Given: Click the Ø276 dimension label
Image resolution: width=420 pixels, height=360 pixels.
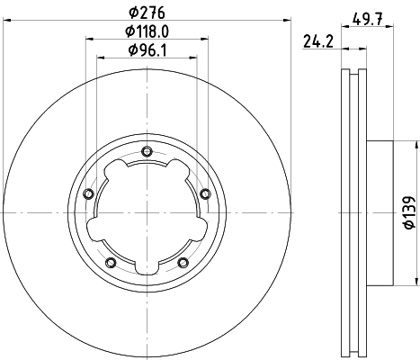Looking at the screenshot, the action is pos(147,13).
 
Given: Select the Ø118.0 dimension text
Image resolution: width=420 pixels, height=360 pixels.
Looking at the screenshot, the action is pos(147,31).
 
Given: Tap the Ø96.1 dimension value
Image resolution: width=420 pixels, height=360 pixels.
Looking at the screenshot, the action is pos(147,49).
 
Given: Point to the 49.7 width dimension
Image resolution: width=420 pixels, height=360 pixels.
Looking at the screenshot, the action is pos(368,20).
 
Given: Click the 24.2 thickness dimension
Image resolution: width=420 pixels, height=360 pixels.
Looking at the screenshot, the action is pos(318,41).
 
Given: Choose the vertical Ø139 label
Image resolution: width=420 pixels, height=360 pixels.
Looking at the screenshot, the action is pos(410,212).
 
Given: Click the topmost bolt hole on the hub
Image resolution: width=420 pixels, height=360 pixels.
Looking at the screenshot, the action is pos(147,151).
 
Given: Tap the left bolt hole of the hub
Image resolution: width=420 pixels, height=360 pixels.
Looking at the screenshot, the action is pos(89,193).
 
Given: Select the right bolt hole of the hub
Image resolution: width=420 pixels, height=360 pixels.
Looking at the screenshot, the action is pos(205,193).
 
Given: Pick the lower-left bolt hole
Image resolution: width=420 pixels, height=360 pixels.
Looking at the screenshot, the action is pos(111,263).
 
